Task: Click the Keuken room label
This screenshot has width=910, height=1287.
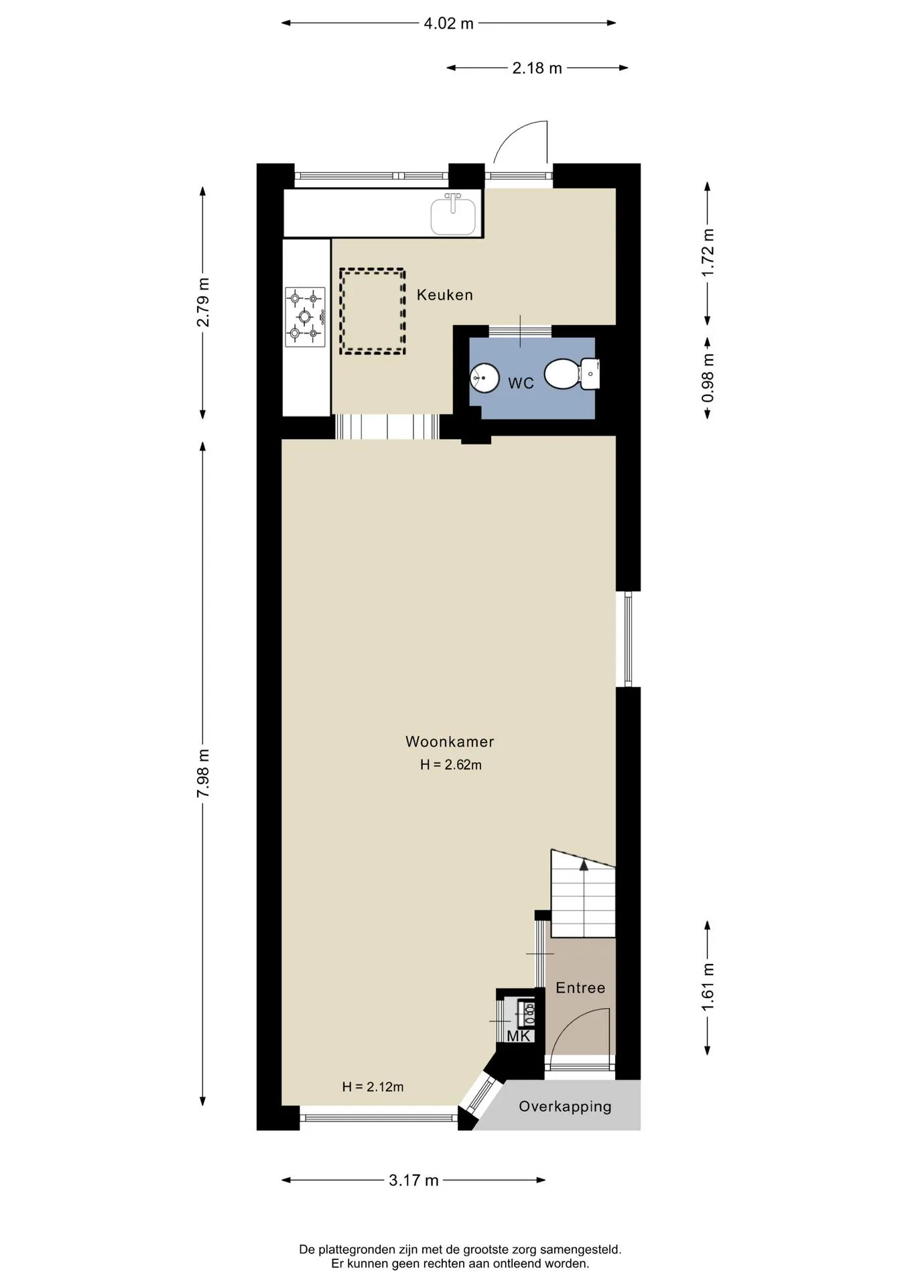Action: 444,295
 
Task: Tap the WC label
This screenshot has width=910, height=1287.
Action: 521,383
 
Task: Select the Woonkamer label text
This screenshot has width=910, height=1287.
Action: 450,742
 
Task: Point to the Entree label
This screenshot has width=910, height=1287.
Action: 580,988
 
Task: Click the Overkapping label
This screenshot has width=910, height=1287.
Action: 565,1107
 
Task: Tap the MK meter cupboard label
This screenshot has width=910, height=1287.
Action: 518,1036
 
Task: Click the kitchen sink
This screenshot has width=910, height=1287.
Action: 453,213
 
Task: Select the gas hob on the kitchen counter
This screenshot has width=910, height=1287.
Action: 305,317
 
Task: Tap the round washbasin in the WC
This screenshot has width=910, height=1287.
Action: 484,378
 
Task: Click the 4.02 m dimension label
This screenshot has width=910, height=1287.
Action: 448,24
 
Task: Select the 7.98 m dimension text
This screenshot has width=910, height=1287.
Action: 203,774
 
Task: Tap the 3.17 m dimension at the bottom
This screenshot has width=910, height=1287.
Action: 413,1180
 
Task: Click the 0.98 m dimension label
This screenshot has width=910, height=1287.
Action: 708,378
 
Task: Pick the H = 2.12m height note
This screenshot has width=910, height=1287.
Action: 373,1087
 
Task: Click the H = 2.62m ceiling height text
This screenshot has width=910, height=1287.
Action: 451,765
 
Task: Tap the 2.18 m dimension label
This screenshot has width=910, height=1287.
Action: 537,68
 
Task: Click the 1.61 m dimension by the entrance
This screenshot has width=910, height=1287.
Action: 708,987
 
